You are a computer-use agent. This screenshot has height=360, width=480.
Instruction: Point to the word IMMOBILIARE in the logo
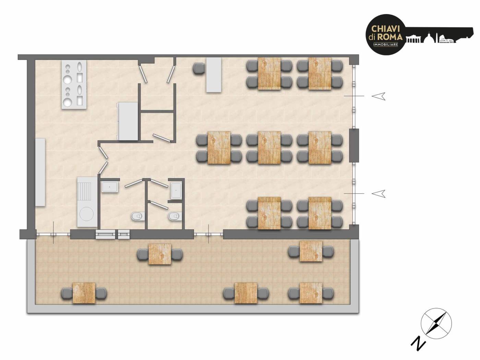point(385,45)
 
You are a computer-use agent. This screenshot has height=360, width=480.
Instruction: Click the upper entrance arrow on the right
point(379,96)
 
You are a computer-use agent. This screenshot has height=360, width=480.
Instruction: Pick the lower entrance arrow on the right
point(379,193)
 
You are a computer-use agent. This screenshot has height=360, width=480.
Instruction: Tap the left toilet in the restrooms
point(137,216)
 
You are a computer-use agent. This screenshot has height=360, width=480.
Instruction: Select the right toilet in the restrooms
point(175,216)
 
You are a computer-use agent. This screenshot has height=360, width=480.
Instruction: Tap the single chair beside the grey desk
point(199,69)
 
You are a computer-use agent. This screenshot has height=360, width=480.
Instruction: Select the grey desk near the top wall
point(214,75)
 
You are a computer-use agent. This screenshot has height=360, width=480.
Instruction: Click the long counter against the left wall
point(41,172)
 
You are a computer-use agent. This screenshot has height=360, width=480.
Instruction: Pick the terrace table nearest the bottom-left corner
point(84,293)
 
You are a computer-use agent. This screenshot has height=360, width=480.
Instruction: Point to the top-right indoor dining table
point(320,74)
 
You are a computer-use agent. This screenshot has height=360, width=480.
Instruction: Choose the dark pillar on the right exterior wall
point(354,145)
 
